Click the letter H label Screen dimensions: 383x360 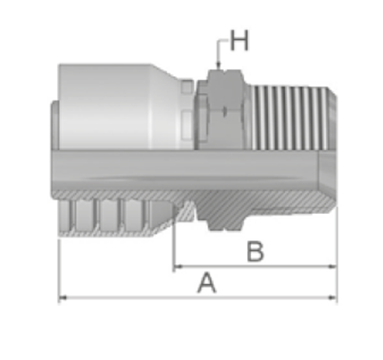(239, 41)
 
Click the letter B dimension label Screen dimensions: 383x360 (255, 252)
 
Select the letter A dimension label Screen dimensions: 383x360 (207, 283)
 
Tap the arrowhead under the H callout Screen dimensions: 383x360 (218, 65)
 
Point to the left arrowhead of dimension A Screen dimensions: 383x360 (63, 297)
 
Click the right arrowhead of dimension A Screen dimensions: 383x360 (333, 297)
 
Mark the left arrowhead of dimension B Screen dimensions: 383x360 (179, 267)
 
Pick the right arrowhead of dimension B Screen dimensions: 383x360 (333, 267)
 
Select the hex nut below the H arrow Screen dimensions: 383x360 (225, 109)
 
